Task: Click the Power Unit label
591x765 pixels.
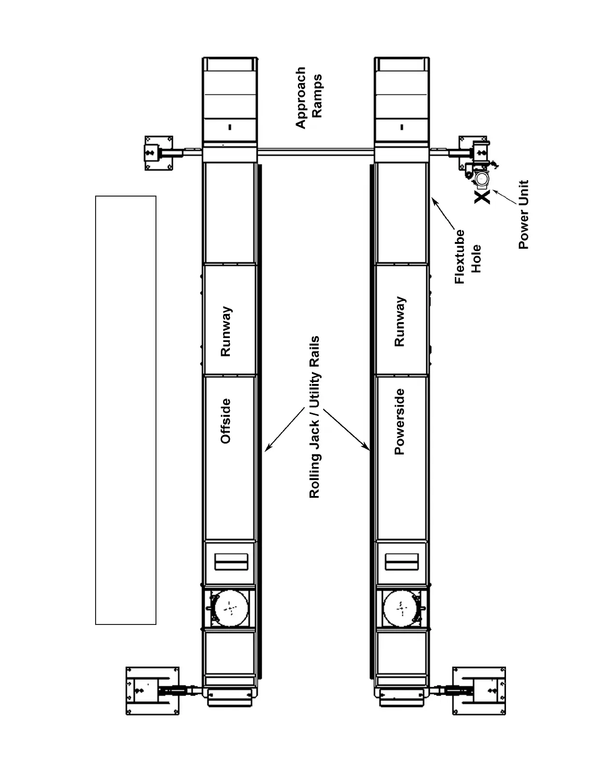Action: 524,214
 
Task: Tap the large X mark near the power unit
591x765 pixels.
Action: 482,196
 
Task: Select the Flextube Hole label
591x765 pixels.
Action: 468,256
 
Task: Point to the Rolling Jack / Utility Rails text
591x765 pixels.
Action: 315,417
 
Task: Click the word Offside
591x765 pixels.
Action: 225,421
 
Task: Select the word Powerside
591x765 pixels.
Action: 399,422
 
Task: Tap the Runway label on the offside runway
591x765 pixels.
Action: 225,331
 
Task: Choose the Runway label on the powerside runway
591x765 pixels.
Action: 399,322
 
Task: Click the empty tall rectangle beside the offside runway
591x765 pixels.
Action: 126,410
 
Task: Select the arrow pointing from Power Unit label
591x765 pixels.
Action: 505,198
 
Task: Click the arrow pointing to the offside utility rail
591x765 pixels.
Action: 285,430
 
